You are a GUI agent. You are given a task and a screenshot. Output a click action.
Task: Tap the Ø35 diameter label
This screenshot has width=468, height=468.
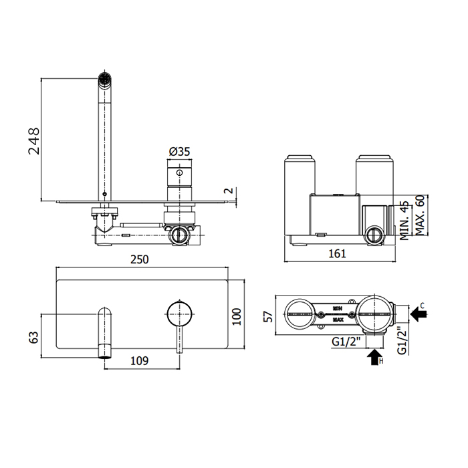tap(179, 152)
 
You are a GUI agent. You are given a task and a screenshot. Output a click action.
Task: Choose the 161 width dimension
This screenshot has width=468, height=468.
tap(340, 253)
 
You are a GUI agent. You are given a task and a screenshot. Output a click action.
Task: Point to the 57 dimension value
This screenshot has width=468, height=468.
tap(267, 315)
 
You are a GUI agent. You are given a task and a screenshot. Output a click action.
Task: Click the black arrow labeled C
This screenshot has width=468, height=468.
tap(419, 312)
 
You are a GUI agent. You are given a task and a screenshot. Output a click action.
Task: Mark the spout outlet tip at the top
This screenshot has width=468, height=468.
tap(104, 78)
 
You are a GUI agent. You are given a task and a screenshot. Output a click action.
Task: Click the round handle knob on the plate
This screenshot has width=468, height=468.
tap(179, 312)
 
